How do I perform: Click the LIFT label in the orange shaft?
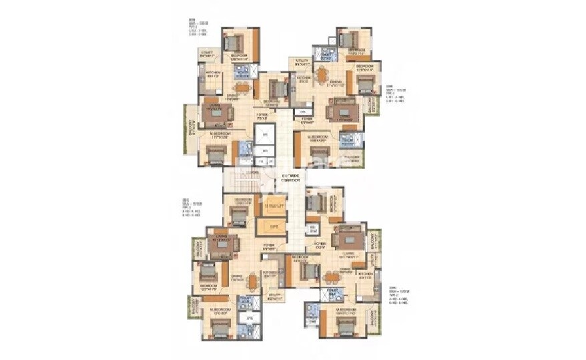coord(272,226)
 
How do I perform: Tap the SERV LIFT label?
coord(272,206)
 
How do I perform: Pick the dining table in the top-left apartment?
coord(242,87)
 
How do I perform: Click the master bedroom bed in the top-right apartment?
coord(319,154)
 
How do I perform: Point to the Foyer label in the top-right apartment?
coord(306,120)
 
